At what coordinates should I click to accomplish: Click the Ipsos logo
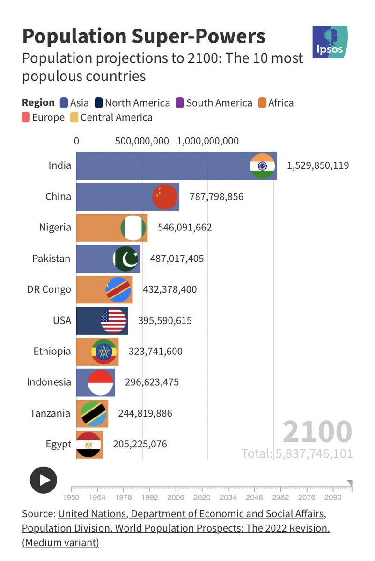[330, 42]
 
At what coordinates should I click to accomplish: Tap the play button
[44, 480]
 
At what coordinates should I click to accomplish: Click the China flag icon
[165, 196]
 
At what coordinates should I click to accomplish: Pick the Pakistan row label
[51, 259]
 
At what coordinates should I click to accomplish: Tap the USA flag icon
[113, 321]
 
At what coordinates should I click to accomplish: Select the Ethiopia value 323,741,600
[153, 352]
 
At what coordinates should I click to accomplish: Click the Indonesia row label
[49, 382]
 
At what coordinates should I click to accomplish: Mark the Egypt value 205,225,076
[140, 444]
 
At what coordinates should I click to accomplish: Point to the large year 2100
[317, 432]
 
